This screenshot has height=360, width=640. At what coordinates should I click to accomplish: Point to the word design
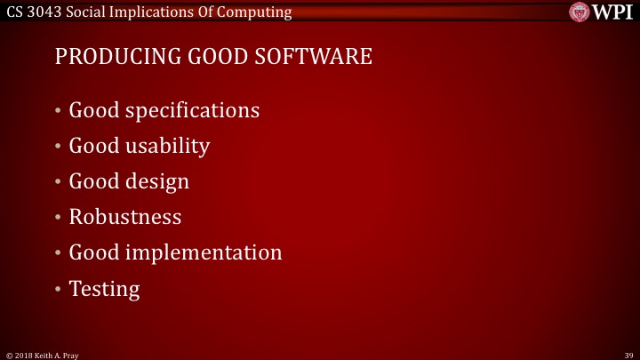tap(157, 182)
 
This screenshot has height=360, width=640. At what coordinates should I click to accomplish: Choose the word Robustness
tap(125, 217)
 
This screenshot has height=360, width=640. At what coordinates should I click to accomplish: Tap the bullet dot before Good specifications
tap(59, 112)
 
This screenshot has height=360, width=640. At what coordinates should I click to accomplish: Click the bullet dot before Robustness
tap(59, 218)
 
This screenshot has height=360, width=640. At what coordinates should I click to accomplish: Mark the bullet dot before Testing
tap(59, 289)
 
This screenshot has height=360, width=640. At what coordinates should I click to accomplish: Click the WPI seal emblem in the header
tap(580, 12)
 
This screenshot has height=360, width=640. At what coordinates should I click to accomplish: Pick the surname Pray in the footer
tap(72, 354)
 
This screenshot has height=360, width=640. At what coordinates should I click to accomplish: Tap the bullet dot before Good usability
tap(59, 147)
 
